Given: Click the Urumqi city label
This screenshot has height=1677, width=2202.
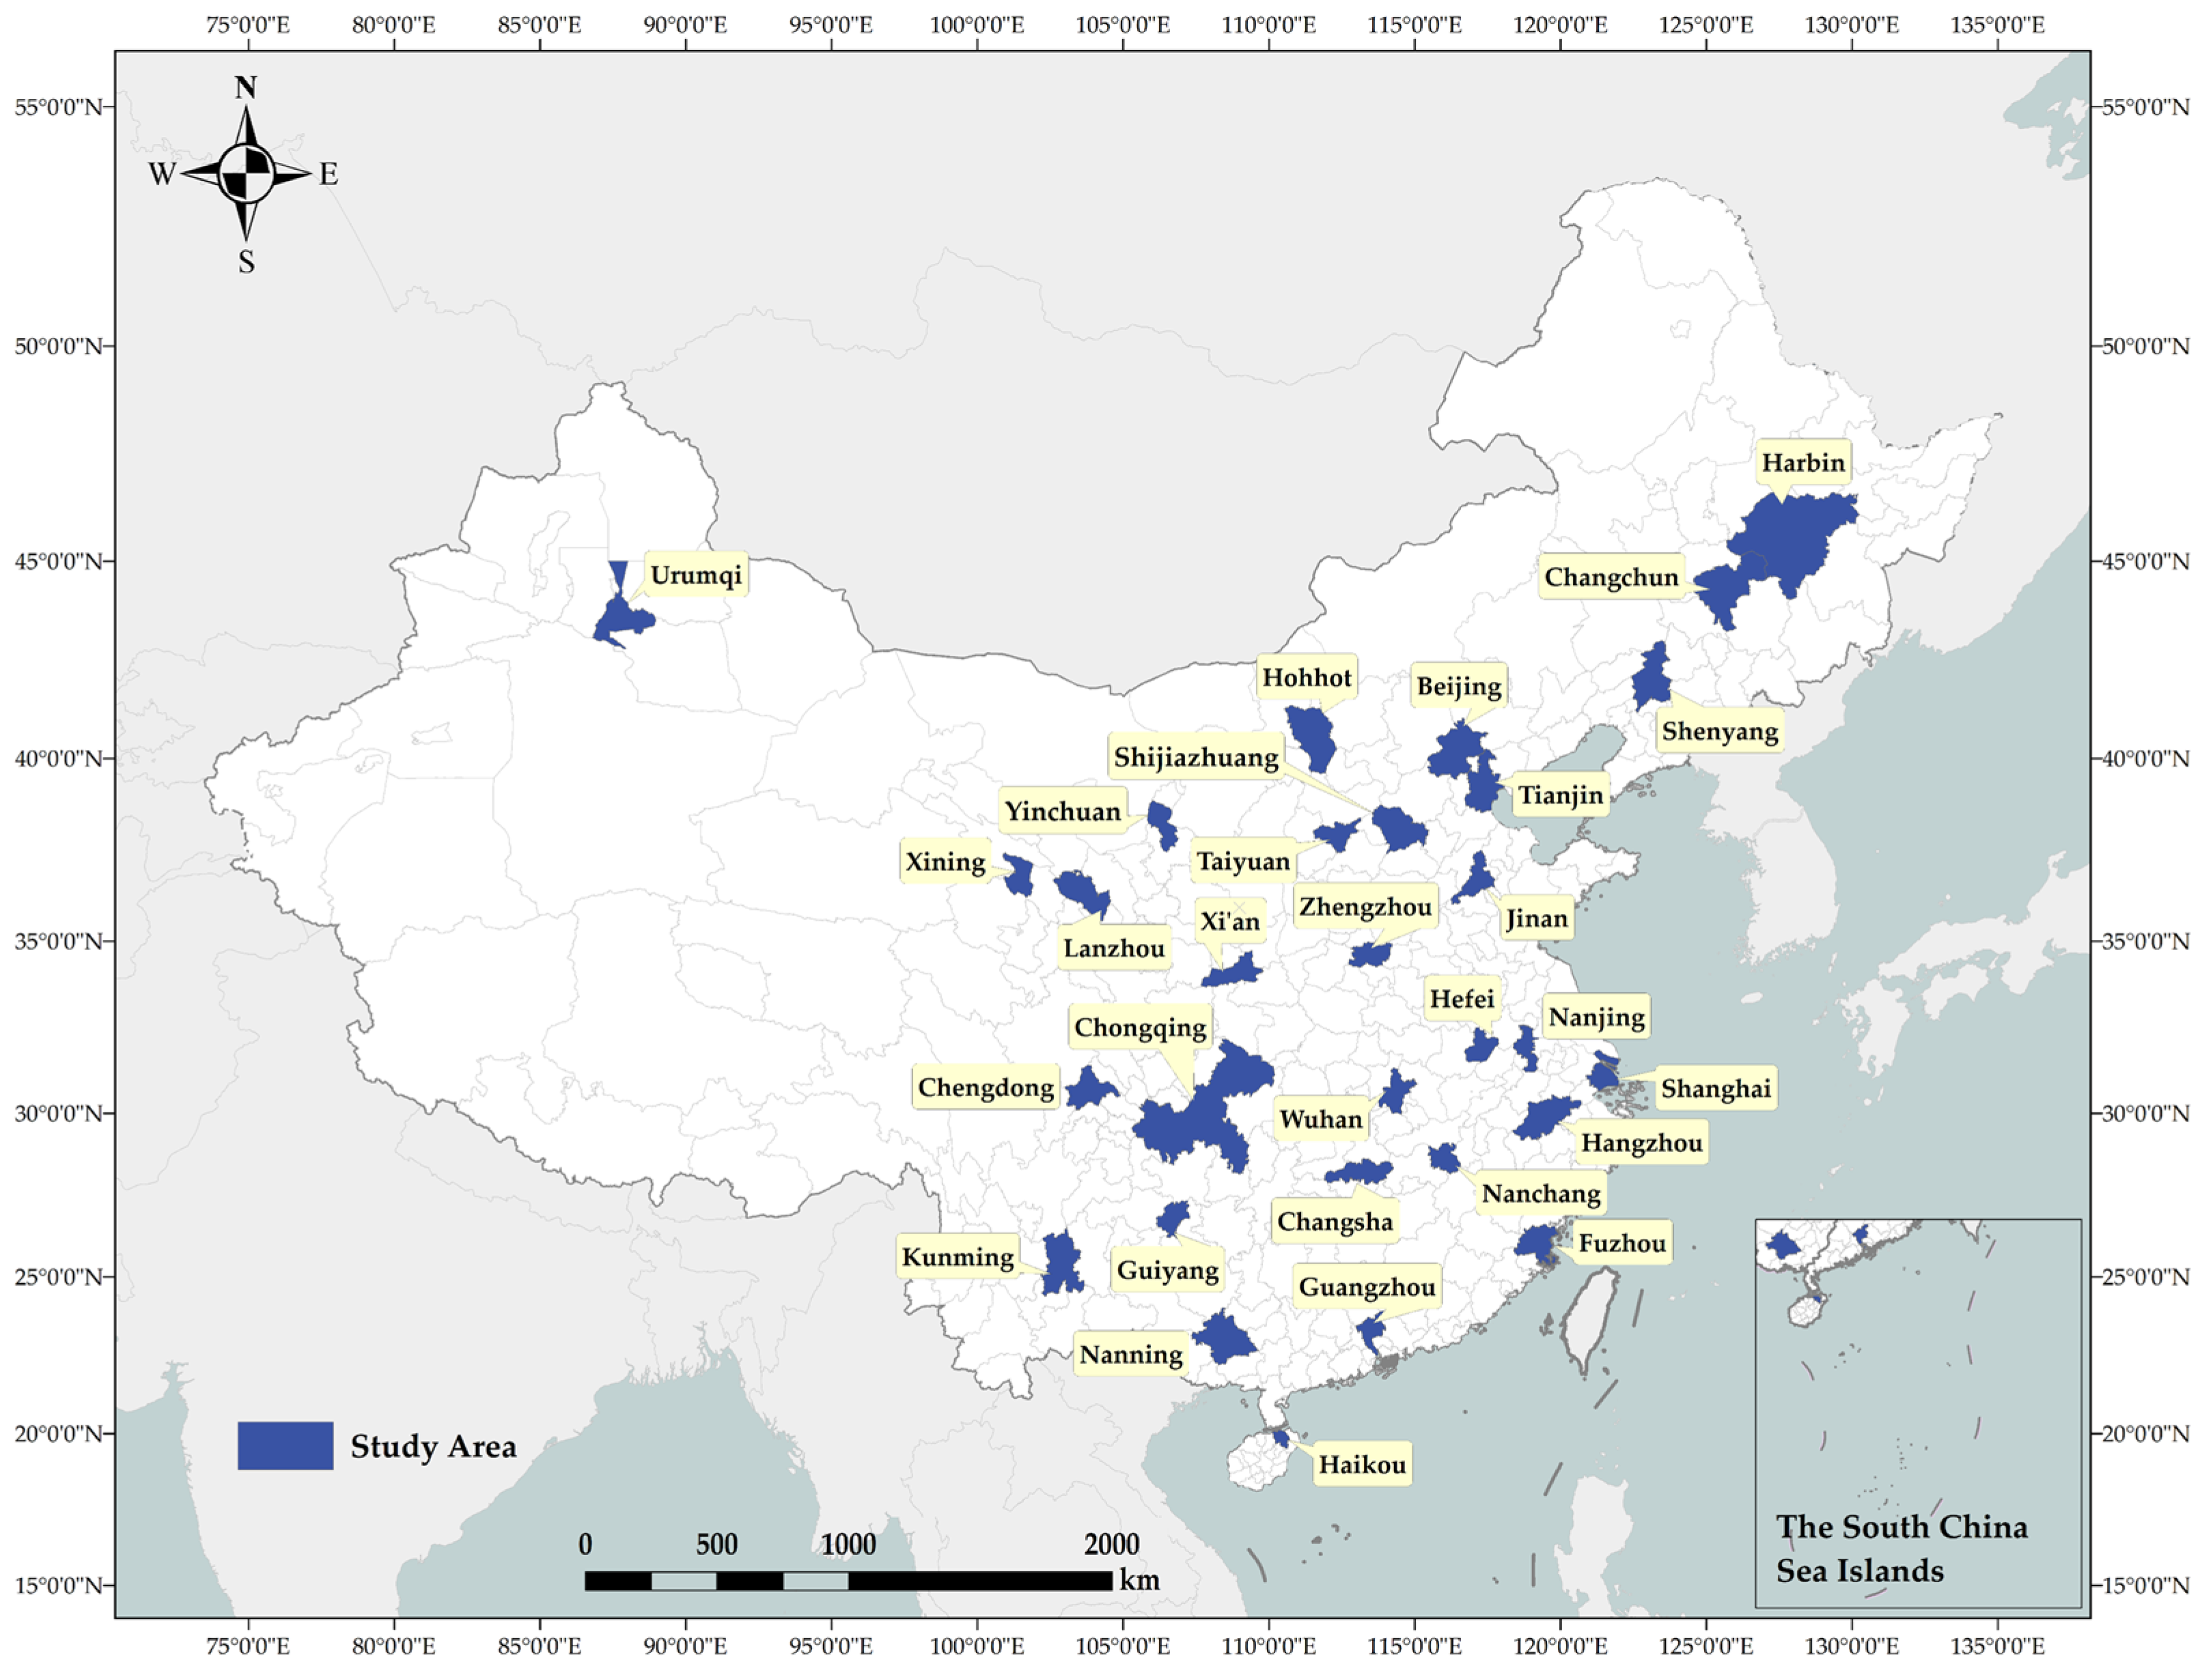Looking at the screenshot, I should point(695,576).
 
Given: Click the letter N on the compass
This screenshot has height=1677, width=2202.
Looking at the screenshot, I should point(246,88).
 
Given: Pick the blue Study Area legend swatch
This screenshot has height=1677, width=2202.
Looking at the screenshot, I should point(285,1446).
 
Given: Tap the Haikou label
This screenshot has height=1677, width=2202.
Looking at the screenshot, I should point(1361,1465).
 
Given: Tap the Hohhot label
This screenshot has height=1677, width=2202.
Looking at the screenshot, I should point(1305,678).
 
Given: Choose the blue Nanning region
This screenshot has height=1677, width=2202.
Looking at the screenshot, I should point(1223,1338).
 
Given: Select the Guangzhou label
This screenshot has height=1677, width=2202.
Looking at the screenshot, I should point(1366,1288).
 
